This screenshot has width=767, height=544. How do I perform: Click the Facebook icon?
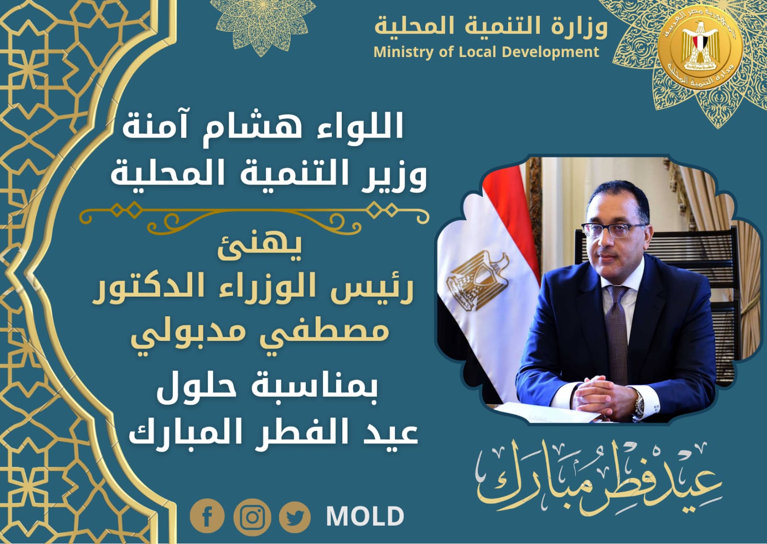207,516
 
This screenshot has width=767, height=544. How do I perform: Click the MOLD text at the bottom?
365,516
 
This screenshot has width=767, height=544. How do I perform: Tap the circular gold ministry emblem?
700,50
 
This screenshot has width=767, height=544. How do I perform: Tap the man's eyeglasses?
613,229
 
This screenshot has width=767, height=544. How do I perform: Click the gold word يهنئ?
259,247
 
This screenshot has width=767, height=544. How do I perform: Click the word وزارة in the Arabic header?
579,27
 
